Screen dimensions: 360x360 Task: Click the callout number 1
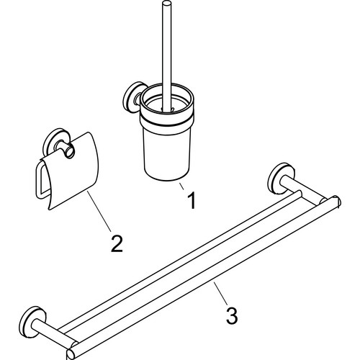[192, 200]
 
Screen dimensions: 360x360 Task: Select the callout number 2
[117, 243]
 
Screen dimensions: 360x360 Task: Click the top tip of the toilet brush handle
[166, 3]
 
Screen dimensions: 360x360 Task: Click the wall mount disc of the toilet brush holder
[132, 97]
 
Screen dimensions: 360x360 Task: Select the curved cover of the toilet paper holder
[72, 173]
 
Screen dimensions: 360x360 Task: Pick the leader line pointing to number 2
[99, 211]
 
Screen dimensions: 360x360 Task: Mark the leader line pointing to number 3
[221, 293]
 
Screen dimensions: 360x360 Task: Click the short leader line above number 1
[181, 186]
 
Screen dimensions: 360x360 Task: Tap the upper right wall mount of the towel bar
[279, 178]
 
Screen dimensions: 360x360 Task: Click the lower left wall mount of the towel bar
[30, 319]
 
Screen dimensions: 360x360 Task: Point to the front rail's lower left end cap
[70, 354]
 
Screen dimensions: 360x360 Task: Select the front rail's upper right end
[336, 201]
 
